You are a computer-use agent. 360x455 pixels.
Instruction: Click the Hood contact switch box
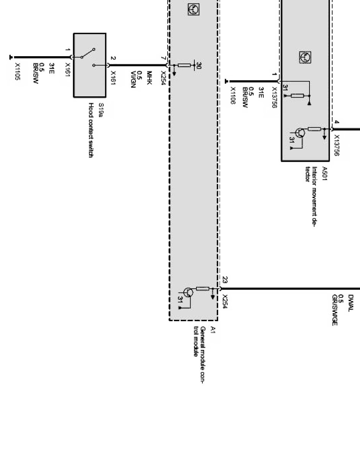point(90,65)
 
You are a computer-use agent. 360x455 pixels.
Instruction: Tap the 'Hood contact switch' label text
point(91,130)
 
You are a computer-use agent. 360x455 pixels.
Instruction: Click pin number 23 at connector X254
point(225,279)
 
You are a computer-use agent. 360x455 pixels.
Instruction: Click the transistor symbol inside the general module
point(188,293)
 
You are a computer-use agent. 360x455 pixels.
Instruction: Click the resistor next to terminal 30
point(184,65)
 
